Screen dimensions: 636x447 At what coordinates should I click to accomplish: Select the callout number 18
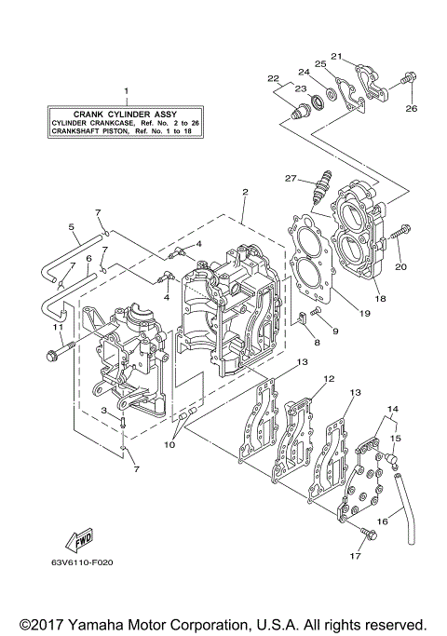[x=379, y=299]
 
